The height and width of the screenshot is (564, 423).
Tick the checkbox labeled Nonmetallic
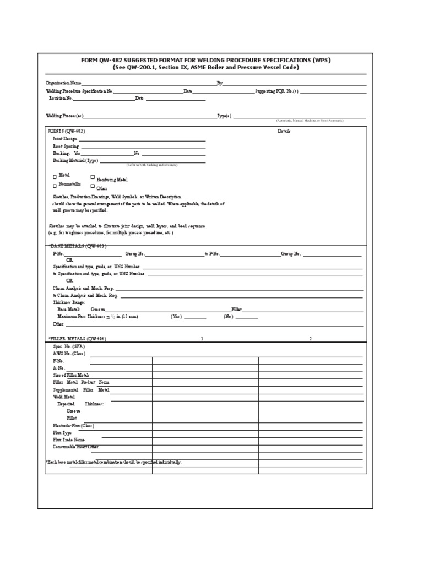tap(55, 186)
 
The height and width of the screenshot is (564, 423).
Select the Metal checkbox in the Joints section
tap(55, 176)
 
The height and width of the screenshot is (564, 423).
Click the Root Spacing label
tap(66, 147)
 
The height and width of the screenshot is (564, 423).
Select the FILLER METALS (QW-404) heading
tap(77, 338)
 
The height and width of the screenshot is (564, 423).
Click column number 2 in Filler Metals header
tap(310, 338)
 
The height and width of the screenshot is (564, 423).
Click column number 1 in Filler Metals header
tap(202, 338)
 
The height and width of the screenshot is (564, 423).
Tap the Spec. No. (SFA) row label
tap(66, 346)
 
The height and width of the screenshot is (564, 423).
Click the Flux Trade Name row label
tap(69, 440)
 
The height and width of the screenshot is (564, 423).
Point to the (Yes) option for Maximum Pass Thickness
tap(176, 317)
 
